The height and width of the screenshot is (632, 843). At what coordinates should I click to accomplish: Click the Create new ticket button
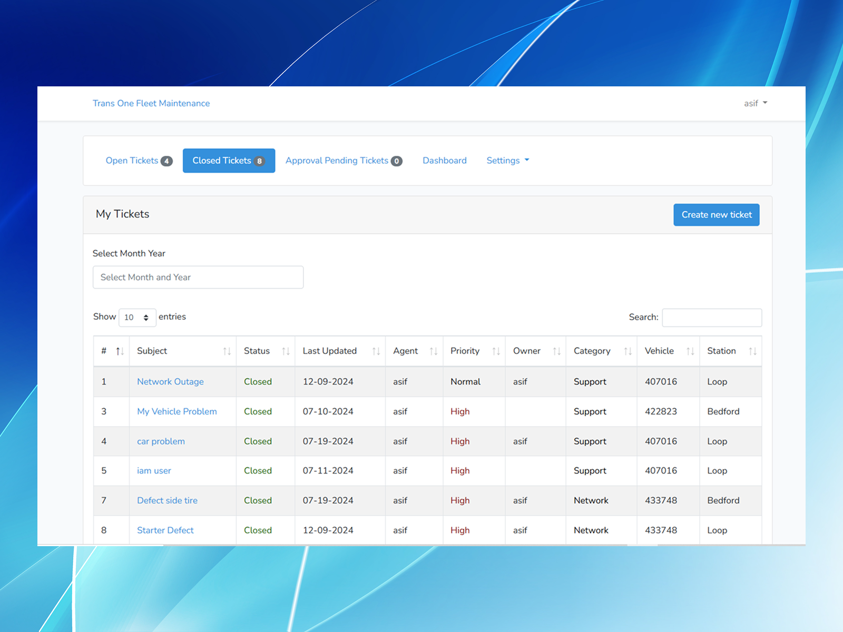point(716,214)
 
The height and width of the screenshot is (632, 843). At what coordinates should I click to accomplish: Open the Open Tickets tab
point(139,161)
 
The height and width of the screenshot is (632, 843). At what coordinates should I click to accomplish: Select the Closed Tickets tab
point(229,161)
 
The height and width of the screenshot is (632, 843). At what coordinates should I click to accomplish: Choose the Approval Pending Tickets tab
point(344,161)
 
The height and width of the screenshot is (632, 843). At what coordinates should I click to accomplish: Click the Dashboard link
point(445,161)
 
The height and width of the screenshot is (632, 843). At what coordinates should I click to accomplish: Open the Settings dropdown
point(508,161)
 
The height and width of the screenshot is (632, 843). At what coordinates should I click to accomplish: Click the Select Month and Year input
point(198,277)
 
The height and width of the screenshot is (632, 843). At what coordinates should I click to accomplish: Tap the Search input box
point(712,318)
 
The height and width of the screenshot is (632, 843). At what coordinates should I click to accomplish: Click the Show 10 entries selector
point(137,318)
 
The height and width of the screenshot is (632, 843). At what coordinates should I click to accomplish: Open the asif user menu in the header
point(756,103)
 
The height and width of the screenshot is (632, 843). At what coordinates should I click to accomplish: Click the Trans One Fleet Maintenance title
point(151,103)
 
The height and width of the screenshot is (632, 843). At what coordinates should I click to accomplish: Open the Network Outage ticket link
point(171,381)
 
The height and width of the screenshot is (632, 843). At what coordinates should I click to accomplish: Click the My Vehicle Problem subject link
point(177,411)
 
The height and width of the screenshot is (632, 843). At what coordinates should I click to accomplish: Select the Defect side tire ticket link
point(168,500)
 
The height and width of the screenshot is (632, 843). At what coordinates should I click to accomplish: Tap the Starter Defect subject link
point(165,530)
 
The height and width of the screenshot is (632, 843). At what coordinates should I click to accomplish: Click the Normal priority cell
point(465,381)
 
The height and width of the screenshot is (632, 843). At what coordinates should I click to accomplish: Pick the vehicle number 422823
point(661,411)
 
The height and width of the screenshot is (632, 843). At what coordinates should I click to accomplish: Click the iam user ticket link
point(154,470)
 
